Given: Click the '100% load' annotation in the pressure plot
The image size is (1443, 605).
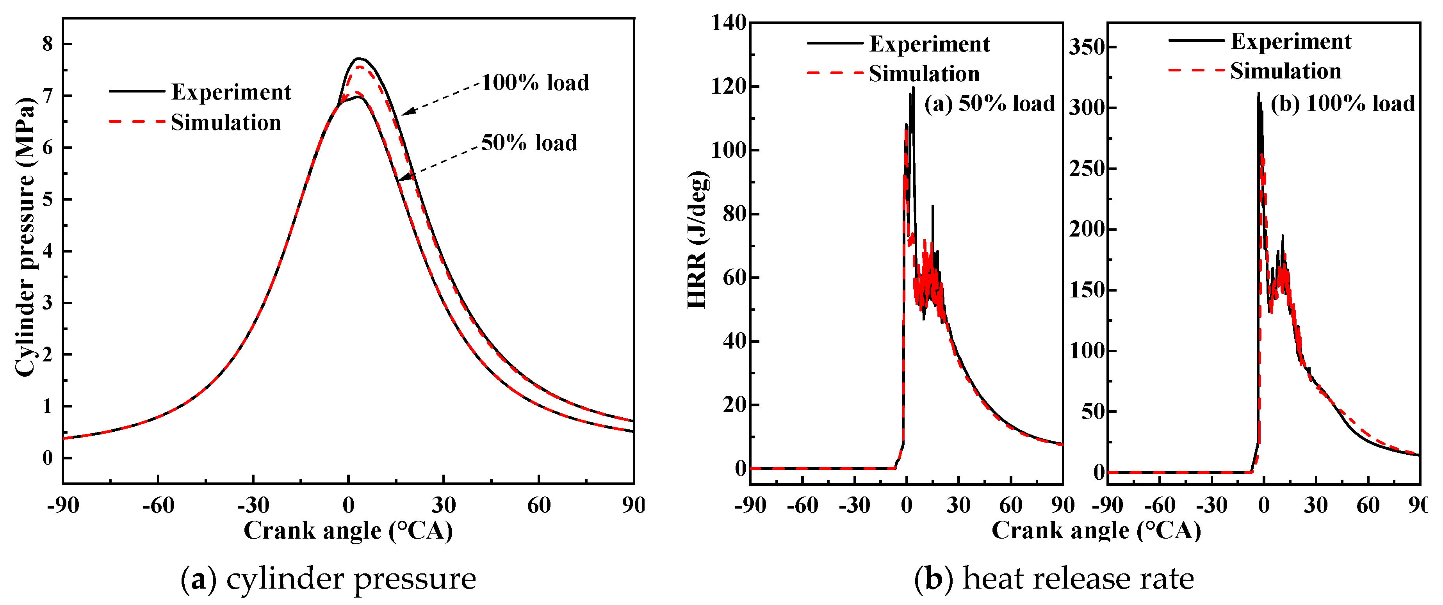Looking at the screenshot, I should click(x=535, y=83).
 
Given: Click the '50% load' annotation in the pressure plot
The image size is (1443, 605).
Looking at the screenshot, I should click(x=529, y=143).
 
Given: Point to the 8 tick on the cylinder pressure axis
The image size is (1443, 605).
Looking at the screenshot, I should click(x=48, y=44).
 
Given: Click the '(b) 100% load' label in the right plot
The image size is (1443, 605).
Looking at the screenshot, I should click(x=1342, y=104).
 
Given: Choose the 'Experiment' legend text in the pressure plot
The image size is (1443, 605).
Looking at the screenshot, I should click(x=231, y=92).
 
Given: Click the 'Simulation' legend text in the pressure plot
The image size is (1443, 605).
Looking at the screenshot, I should click(x=226, y=122).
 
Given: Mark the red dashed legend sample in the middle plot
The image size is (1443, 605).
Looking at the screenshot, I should click(x=835, y=73).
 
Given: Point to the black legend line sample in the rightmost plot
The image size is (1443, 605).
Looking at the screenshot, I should click(x=1196, y=40).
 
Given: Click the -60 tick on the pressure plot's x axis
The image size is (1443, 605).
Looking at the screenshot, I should click(x=158, y=505).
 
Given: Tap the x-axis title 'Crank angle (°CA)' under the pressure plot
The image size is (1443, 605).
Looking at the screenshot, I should click(x=348, y=530).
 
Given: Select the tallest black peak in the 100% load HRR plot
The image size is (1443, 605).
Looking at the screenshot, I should click(x=1258, y=94).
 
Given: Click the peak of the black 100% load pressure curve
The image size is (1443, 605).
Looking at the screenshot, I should click(x=360, y=58).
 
